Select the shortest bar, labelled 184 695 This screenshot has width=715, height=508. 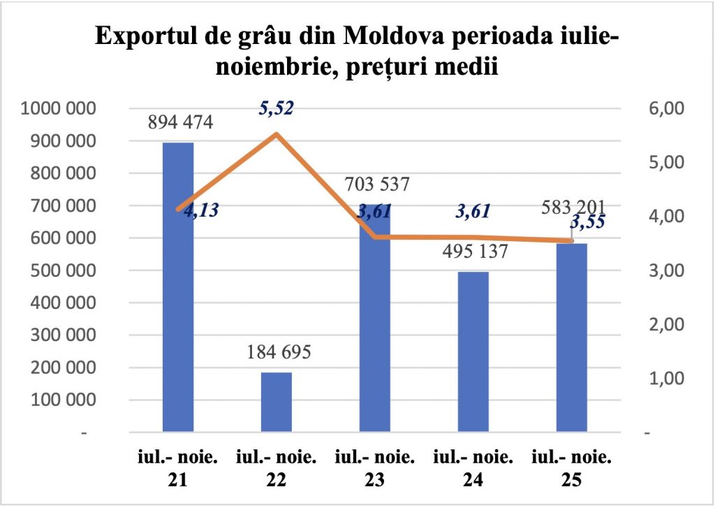pos(277,402)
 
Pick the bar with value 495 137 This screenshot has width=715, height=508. pos(473,352)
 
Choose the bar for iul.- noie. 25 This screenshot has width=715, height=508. pos(572,338)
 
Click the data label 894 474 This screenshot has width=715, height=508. pos(180,122)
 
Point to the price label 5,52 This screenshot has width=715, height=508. pos(276,109)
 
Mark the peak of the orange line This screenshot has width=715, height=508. pos(277,133)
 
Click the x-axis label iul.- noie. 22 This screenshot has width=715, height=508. pos(277,468)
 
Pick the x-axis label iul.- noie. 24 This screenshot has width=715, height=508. pos(473,468)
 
